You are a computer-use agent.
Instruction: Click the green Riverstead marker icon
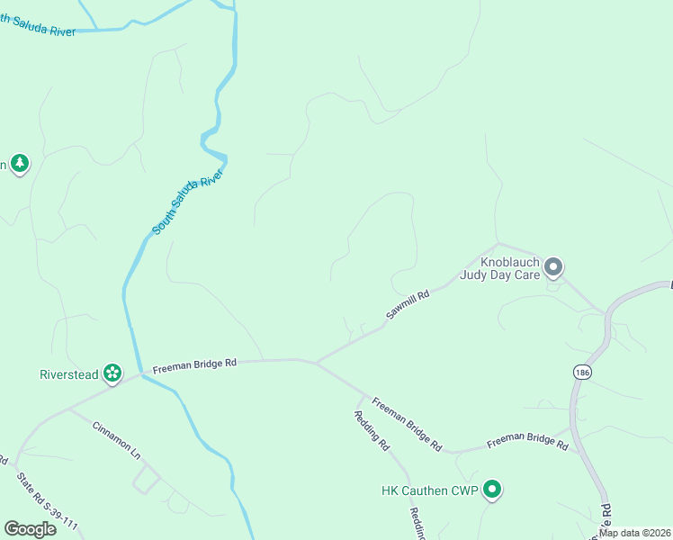tap(112, 373)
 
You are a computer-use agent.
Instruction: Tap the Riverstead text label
tap(68, 374)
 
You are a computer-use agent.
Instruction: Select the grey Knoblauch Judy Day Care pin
tap(553, 267)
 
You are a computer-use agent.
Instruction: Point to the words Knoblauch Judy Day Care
tap(499, 268)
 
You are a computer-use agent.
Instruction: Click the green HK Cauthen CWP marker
tap(491, 490)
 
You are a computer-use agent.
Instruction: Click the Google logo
tap(30, 528)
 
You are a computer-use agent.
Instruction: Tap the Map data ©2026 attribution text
tap(634, 533)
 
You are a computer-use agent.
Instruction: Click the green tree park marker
tap(20, 164)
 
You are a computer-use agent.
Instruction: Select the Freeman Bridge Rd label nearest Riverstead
tap(194, 365)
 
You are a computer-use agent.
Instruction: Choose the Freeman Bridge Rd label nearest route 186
tap(527, 443)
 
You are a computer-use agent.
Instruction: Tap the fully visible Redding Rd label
tap(371, 431)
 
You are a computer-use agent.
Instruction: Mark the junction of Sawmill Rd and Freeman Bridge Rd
tap(316, 363)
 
